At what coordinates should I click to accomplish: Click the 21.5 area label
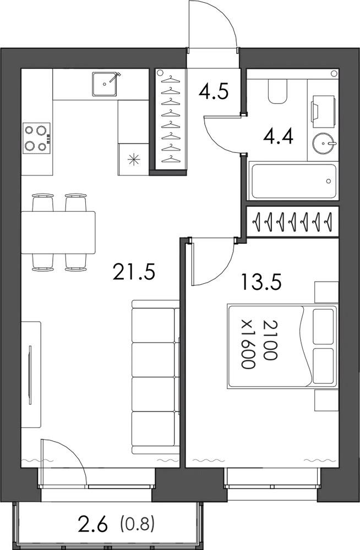pyautogui.click(x=134, y=272)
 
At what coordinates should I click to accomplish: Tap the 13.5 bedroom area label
pyautogui.click(x=261, y=282)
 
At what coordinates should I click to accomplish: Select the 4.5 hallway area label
pyautogui.click(x=214, y=91)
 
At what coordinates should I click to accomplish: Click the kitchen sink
pyautogui.click(x=105, y=84)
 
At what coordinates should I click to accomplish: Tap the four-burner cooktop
pyautogui.click(x=36, y=138)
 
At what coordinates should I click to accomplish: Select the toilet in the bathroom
pyautogui.click(x=277, y=91)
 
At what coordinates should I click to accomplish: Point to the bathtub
pyautogui.click(x=293, y=181)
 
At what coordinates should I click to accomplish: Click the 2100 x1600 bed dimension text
pyautogui.click(x=259, y=344)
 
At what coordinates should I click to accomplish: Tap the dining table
pyautogui.click(x=58, y=232)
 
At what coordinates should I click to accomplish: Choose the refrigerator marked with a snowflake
pyautogui.click(x=133, y=159)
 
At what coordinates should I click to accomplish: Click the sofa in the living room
pyautogui.click(x=156, y=377)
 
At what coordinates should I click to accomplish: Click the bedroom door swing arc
pyautogui.click(x=222, y=272)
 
